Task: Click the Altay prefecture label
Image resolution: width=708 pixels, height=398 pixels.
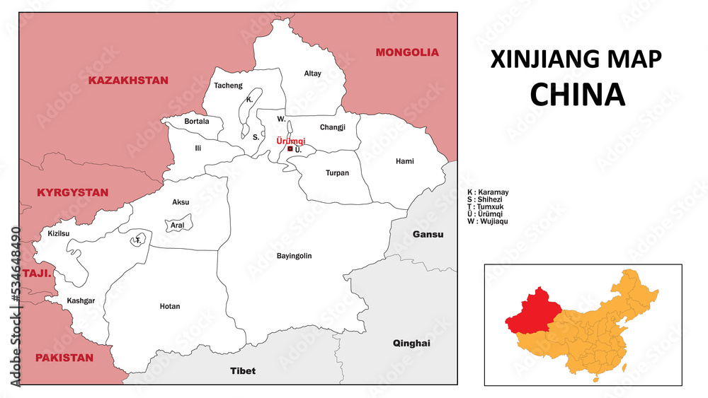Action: [312, 74]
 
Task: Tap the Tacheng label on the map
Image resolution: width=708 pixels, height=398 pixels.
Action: [228, 86]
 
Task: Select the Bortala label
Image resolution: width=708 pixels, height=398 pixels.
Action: [197, 121]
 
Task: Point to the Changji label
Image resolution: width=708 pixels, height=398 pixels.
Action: [332, 127]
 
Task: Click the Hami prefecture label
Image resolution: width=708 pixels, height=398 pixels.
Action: [405, 161]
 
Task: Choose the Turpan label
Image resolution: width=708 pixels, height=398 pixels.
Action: [337, 172]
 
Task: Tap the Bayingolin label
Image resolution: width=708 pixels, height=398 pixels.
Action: [295, 256]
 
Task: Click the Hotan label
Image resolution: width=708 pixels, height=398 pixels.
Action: [170, 306]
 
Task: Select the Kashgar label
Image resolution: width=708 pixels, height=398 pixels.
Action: [81, 300]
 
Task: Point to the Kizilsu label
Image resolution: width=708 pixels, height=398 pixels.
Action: [59, 233]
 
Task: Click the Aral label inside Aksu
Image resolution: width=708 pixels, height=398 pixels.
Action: [177, 226]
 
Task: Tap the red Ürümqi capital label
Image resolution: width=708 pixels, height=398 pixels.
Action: [290, 141]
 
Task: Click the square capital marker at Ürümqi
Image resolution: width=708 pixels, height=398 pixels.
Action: [290, 149]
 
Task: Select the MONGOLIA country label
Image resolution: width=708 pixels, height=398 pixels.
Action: [407, 52]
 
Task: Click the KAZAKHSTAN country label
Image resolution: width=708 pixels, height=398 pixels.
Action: [128, 81]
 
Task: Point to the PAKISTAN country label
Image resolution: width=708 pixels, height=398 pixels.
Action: [64, 358]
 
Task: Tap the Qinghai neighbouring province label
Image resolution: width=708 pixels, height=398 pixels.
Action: [411, 343]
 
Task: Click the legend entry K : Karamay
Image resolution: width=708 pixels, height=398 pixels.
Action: [488, 192]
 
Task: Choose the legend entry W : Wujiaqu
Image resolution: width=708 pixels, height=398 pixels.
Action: [488, 221]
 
